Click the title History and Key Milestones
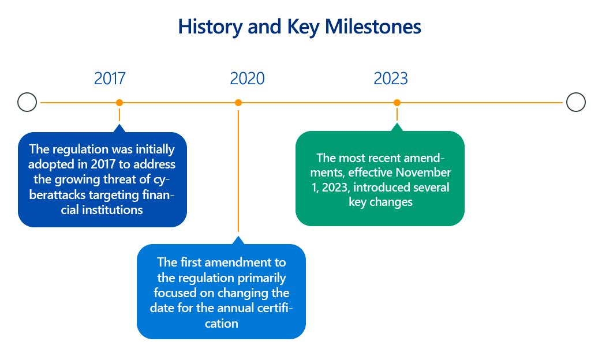tap(300, 27)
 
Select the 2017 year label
tap(110, 78)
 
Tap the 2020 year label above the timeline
tap(247, 78)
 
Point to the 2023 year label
tap(391, 78)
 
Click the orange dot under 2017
tap(119, 103)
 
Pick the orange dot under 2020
tap(238, 103)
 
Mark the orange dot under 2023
tap(397, 103)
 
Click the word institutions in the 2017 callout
tap(113, 210)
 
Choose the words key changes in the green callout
tap(380, 202)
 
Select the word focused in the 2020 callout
tap(175, 293)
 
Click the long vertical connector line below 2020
tap(238, 171)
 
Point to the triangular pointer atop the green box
tap(397, 127)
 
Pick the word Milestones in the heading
tap(373, 27)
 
